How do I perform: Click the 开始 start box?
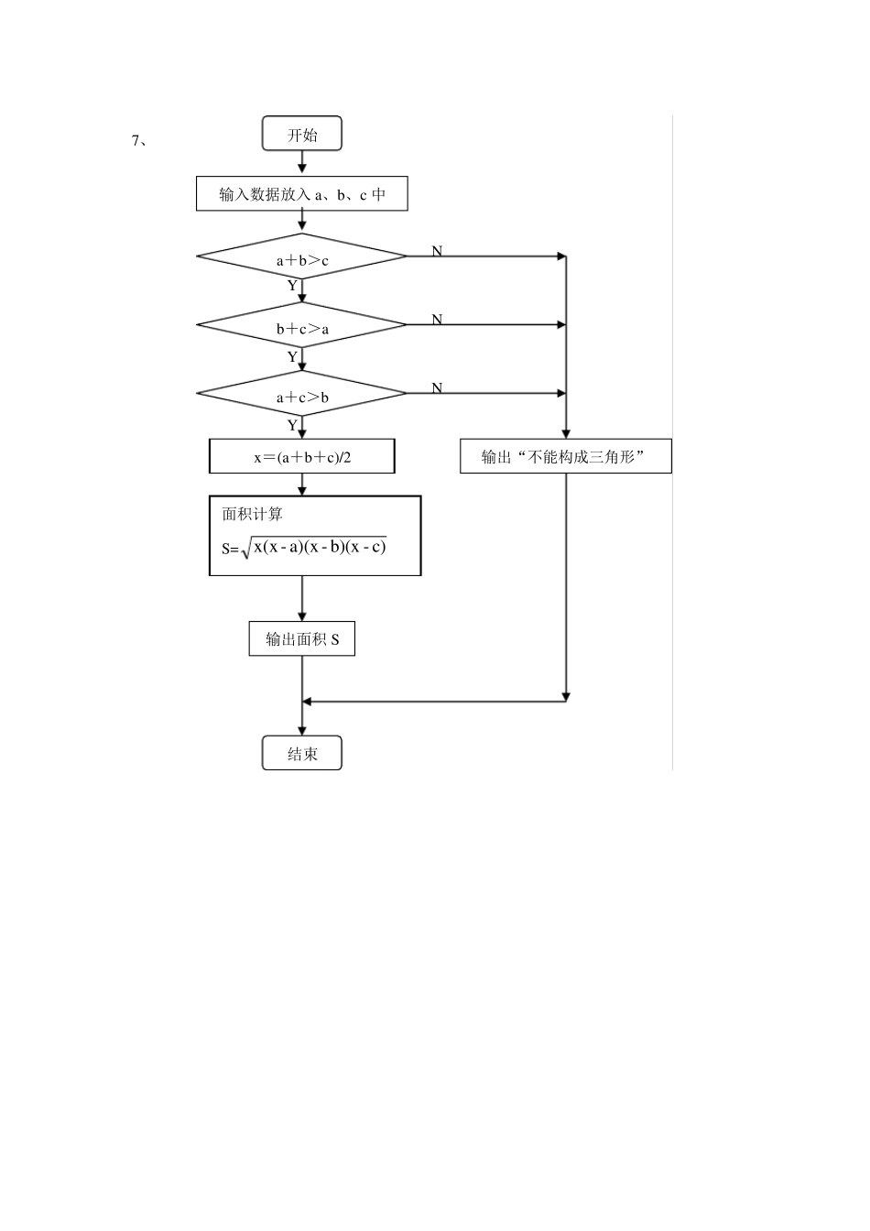301,133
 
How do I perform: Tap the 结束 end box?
301,753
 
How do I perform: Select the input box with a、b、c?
301,193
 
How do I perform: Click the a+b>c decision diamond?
301,256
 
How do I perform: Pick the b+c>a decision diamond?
301,325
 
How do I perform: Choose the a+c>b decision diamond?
301,394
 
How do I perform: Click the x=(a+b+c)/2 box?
301,456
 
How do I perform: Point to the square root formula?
304,548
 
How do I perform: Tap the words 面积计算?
252,514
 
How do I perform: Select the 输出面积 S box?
301,638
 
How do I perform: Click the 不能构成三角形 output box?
566,456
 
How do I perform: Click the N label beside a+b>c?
437,251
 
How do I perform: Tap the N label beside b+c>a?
437,320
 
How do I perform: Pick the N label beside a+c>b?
437,388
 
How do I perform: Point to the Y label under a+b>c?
292,286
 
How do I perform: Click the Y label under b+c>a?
292,356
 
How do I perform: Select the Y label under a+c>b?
292,425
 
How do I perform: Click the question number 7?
136,141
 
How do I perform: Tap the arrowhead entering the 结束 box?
301,732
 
